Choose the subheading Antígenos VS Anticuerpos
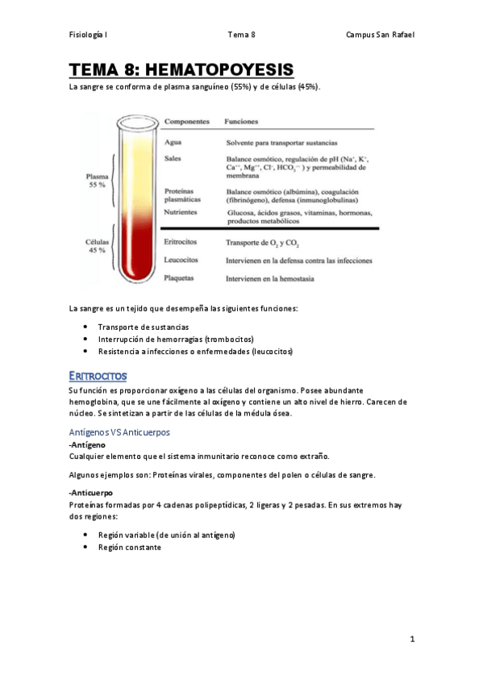click(x=119, y=432)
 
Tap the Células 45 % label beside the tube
click(x=98, y=246)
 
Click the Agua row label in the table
click(x=173, y=142)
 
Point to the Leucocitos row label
click(x=182, y=261)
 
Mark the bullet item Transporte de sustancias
click(x=144, y=327)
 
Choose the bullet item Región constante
click(x=130, y=548)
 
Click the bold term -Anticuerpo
click(x=92, y=492)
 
